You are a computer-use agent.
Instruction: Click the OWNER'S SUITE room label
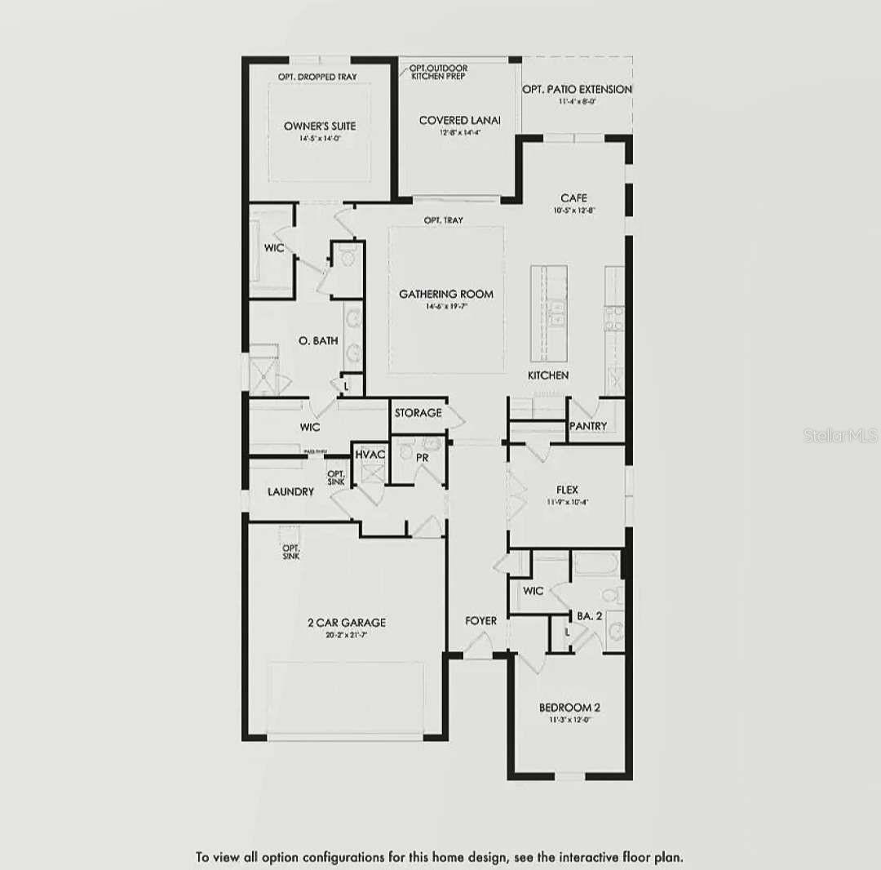[x=320, y=127]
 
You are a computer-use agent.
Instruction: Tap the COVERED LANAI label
[x=459, y=121]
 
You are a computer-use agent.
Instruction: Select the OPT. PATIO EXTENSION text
[x=577, y=89]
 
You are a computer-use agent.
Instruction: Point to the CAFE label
[x=573, y=198]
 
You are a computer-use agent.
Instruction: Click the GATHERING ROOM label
[x=445, y=294]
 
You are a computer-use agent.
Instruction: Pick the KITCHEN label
[x=547, y=375]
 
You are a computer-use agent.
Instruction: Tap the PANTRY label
[x=588, y=426]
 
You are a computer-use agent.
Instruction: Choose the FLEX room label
[x=567, y=490]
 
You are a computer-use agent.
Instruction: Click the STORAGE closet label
[x=418, y=413]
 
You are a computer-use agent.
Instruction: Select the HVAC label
[x=370, y=454]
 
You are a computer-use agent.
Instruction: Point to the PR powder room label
[x=423, y=458]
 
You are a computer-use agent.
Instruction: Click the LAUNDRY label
[x=290, y=492]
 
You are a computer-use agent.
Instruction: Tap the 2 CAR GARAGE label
[x=347, y=623]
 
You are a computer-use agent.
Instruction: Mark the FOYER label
[x=480, y=621]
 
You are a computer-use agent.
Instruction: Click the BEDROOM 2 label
[x=569, y=708]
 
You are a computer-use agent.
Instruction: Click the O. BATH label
[x=317, y=341]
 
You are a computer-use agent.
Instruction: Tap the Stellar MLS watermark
[x=840, y=435]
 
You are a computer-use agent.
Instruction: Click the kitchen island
[x=549, y=313]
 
